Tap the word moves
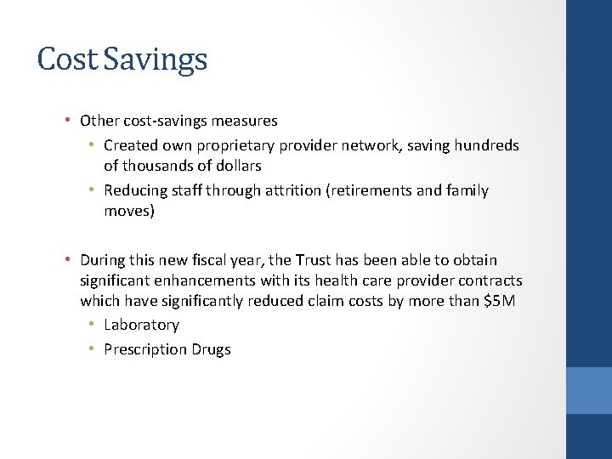click(127, 211)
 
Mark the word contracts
click(491, 280)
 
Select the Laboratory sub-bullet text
click(141, 325)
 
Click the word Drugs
click(211, 349)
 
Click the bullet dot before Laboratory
click(91, 325)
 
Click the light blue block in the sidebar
click(589, 390)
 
